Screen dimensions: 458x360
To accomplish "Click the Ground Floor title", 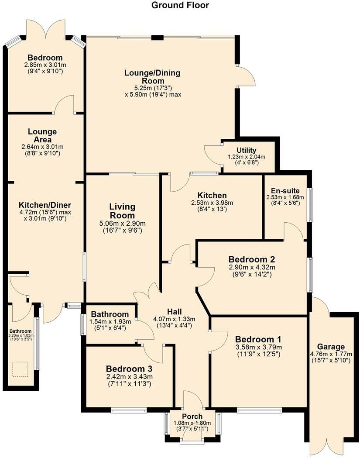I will (180, 6).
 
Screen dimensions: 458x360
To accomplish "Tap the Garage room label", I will (334, 347).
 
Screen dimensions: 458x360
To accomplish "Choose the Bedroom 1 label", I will (258, 339).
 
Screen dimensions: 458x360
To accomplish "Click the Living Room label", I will (122, 211).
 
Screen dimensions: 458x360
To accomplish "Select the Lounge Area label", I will (42, 135).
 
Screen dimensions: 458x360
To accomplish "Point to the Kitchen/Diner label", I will (45, 205).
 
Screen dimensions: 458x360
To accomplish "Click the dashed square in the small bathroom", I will (19, 369).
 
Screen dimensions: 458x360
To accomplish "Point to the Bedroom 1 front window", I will (259, 410).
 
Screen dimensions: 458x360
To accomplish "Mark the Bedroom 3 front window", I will (129, 410).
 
